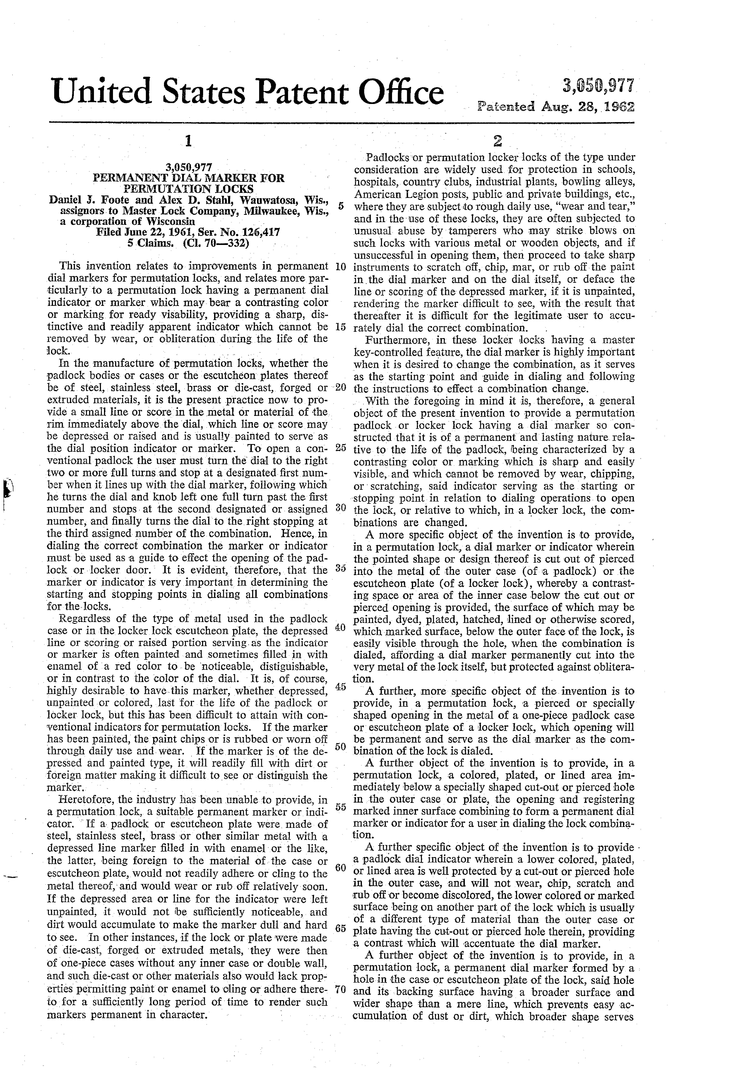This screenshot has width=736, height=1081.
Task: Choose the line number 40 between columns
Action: coord(340,627)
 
